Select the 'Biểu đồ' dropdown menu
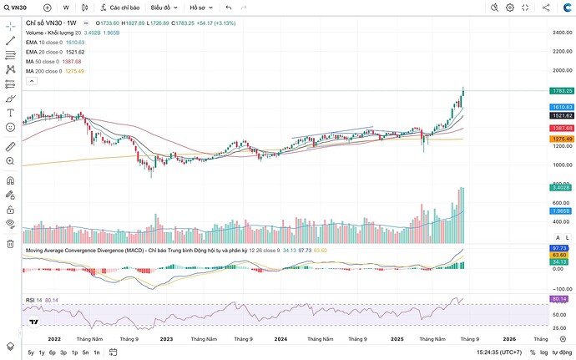pyautogui.click(x=164, y=8)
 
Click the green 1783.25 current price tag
pyautogui.click(x=561, y=90)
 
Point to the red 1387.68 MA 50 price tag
pyautogui.click(x=561, y=128)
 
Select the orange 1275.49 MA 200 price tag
pyautogui.click(x=561, y=139)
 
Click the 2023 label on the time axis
pyautogui.click(x=167, y=339)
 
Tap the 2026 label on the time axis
pyautogui.click(x=509, y=339)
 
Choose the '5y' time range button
pyautogui.click(x=31, y=353)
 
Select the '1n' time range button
pyautogui.click(x=96, y=353)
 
